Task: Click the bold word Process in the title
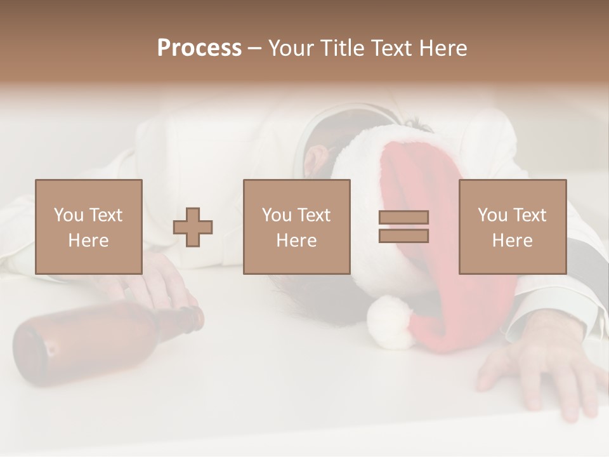tap(199, 48)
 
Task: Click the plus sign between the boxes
tap(193, 227)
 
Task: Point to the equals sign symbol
tap(403, 227)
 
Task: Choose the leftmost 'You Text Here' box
tap(89, 227)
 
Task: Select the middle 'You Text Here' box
tap(297, 227)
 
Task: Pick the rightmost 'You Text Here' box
tap(513, 227)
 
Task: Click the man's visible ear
tap(315, 161)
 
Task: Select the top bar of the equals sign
tap(403, 217)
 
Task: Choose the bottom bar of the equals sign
tap(403, 236)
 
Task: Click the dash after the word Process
tap(255, 49)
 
